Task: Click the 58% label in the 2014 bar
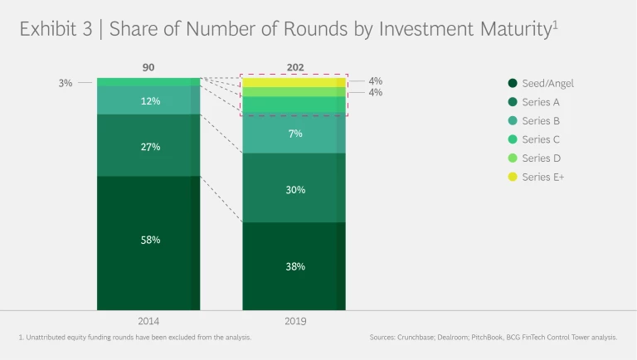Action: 150,240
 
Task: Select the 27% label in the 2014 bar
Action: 150,147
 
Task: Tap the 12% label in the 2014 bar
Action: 150,101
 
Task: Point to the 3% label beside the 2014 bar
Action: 66,83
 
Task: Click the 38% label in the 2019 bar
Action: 295,266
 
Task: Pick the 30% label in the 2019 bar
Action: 295,189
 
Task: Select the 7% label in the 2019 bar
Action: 295,134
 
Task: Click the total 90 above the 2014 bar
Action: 148,67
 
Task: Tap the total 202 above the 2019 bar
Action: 294,67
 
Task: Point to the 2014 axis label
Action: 149,320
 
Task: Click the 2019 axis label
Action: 294,320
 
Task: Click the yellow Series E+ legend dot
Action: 513,178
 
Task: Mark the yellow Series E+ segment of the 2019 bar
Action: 294,82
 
